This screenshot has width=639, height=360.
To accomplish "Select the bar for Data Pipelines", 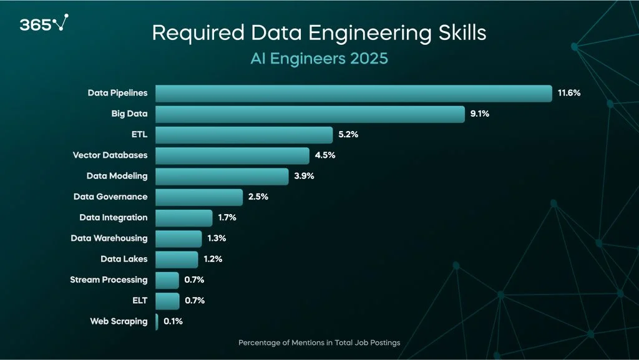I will click(x=353, y=93).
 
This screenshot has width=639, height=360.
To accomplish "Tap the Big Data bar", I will click(x=310, y=114).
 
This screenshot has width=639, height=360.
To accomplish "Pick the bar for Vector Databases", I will click(x=232, y=155).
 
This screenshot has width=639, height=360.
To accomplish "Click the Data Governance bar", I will click(x=198, y=197).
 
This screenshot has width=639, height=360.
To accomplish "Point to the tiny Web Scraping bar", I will click(x=157, y=321).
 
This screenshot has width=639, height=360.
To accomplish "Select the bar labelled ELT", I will click(x=167, y=301).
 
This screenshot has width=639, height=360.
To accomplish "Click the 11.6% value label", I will click(x=569, y=93).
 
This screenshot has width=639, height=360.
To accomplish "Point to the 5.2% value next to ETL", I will click(x=349, y=135).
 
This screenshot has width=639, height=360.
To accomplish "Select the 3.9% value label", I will click(x=304, y=176).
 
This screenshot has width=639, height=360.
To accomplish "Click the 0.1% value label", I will click(x=173, y=321).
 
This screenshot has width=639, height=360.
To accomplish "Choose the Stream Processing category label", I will click(x=109, y=280).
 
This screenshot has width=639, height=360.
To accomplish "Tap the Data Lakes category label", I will click(x=124, y=259).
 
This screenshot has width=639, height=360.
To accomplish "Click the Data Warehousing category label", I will click(x=109, y=238).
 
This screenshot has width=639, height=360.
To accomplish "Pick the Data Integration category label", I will click(x=114, y=217).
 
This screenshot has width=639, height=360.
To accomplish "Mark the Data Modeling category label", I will click(x=117, y=176).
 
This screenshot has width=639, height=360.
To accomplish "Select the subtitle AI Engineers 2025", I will click(x=319, y=59).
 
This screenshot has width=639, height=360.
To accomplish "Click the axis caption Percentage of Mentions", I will click(x=319, y=343).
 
